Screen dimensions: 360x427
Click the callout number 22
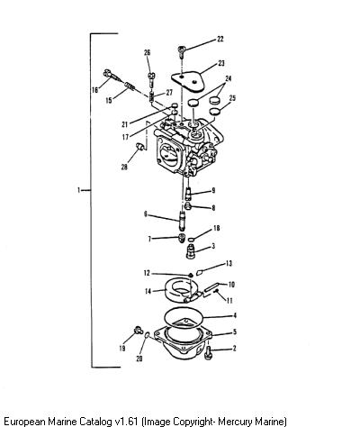point(220,39)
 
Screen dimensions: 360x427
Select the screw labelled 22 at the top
point(182,51)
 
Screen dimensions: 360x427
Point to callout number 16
point(95,89)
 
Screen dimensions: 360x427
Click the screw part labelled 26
point(151,79)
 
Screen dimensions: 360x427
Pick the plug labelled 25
point(214,111)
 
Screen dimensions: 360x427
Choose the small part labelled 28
point(139,146)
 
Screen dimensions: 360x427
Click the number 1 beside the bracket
point(78,190)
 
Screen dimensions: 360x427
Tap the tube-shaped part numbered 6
point(182,221)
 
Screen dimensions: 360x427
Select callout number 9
point(213,190)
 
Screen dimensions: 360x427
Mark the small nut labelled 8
point(188,206)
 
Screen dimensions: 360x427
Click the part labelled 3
point(191,251)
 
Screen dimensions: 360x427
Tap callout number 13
point(229,263)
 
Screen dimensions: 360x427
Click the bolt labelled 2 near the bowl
point(208,352)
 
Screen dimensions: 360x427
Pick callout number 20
point(139,359)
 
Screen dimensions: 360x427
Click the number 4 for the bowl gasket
point(235,315)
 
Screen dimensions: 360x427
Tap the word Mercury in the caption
point(234,421)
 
